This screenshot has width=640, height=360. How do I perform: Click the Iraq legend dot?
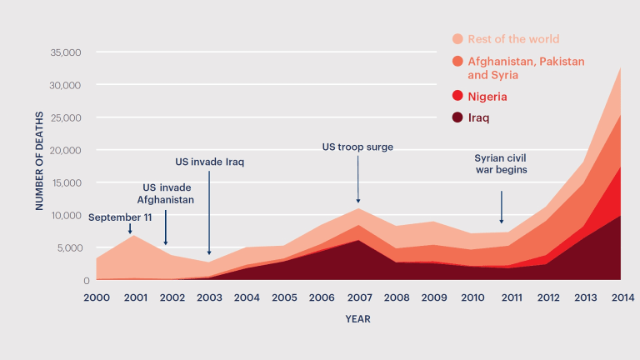[x=457, y=118]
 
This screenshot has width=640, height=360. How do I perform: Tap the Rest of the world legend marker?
[x=457, y=39]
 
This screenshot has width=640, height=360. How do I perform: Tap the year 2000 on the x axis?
[x=97, y=297]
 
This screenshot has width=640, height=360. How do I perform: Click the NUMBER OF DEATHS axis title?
[x=39, y=164]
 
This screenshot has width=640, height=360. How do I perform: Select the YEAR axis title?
[x=358, y=319]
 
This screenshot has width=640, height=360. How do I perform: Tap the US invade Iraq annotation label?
[x=209, y=162]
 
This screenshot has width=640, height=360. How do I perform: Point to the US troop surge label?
[x=357, y=147]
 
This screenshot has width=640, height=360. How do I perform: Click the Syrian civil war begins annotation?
[x=501, y=163]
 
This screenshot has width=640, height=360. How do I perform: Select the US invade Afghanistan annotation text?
[x=166, y=194]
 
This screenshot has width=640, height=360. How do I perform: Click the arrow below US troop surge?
[x=358, y=179]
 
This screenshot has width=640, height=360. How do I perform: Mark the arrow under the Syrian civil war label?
[x=502, y=207]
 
